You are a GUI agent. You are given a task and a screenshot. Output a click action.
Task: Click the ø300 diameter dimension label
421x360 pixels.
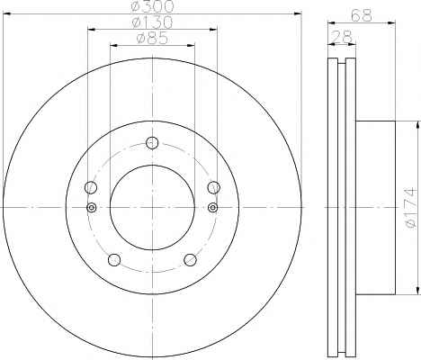point(152,6)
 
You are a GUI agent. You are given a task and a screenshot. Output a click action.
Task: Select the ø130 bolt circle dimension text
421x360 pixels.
point(152,22)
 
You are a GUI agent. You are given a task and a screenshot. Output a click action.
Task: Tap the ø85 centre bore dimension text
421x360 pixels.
point(152,38)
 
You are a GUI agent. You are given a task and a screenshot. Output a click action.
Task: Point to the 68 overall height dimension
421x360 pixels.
point(362,15)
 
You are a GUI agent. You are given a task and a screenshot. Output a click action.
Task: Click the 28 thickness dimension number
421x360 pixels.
point(341,37)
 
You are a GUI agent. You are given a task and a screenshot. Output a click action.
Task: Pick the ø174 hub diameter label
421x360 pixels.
point(411,208)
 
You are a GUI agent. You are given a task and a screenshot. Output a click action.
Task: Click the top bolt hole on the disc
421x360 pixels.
point(152,142)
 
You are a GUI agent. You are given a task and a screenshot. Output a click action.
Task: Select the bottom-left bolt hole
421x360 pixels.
point(114,260)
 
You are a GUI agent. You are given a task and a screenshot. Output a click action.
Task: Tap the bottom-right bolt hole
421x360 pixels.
point(191,260)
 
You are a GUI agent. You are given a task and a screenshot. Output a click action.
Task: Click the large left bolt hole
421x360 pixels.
point(91,187)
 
